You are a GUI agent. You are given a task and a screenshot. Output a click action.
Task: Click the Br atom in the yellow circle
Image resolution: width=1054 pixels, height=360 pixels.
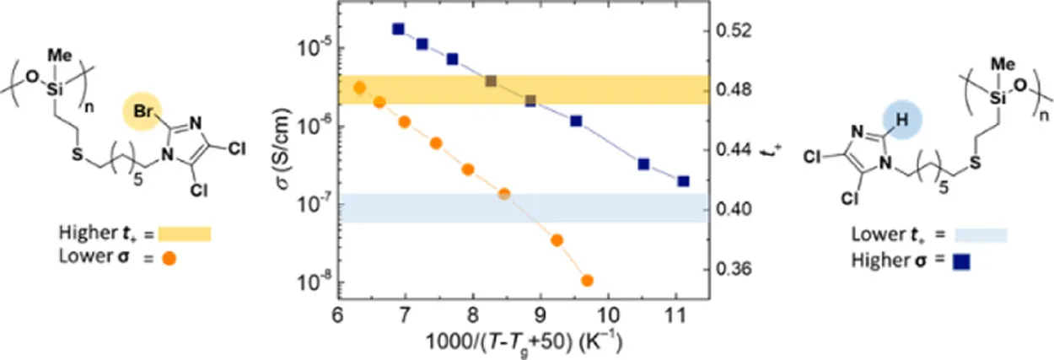coord(143,111)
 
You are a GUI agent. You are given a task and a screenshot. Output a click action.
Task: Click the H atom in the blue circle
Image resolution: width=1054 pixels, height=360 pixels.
coord(901,120)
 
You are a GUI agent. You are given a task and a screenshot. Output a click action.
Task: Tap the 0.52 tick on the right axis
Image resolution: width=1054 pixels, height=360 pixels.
coord(734,30)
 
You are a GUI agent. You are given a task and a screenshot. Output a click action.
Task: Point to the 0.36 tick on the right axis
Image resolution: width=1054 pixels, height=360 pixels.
coord(734,269)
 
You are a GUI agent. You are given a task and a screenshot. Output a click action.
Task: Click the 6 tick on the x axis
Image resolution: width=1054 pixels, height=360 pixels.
coord(338,315)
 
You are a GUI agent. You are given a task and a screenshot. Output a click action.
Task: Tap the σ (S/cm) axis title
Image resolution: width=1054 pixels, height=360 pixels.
coord(283,148)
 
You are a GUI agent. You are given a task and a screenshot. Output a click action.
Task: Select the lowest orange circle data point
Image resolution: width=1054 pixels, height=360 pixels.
coord(587,281)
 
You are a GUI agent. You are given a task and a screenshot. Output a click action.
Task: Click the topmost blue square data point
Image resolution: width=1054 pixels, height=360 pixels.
coord(399,29)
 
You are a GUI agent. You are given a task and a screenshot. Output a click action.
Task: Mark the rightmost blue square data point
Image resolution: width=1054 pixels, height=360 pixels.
coord(683,181)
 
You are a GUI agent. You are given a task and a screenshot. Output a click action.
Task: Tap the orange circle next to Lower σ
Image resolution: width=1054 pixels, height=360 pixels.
coord(169,258)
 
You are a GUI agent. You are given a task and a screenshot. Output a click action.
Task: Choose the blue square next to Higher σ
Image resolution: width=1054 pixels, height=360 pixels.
coord(961,261)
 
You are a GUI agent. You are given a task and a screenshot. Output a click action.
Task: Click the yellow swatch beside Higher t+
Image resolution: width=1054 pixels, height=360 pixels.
coord(185,234)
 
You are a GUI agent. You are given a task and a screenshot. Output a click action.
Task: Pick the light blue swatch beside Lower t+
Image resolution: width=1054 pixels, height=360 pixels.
coord(981,235)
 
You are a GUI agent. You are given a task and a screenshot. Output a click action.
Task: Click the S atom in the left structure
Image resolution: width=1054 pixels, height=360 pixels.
coord(78,154)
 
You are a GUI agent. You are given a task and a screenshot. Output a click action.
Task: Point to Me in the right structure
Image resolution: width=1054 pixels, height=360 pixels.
coord(1003,63)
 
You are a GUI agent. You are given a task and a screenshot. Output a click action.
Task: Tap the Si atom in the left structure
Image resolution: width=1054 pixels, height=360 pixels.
coord(55,89)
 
